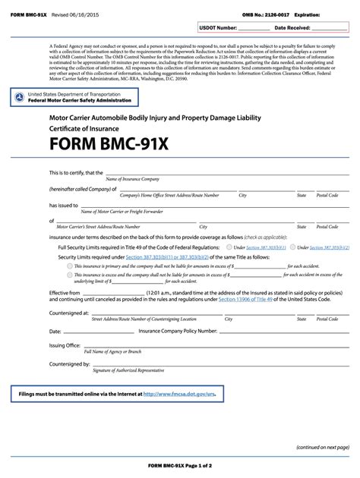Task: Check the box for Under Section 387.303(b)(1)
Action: (x=229, y=247)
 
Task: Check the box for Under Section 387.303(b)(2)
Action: (x=293, y=247)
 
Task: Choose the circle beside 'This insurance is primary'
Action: (x=70, y=266)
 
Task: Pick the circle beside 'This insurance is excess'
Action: (x=70, y=275)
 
